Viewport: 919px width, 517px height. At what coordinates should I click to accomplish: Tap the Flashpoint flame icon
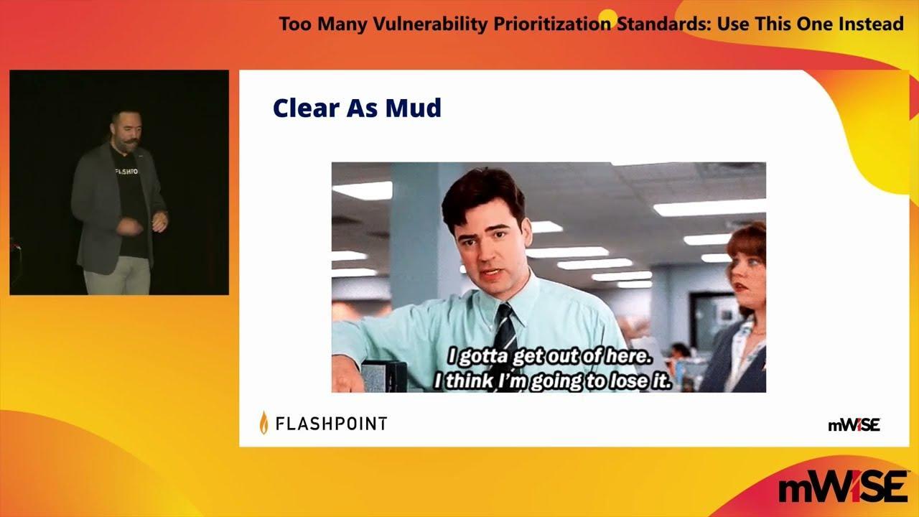tap(263, 422)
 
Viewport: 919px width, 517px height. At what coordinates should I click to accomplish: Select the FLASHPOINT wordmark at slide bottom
tap(332, 424)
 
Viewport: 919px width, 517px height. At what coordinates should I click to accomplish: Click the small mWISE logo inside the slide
tap(854, 425)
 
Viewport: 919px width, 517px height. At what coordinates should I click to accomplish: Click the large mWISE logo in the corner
tap(843, 487)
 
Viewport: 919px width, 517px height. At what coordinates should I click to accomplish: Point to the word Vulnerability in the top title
tap(429, 24)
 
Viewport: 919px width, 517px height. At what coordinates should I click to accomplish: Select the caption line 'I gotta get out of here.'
tap(549, 355)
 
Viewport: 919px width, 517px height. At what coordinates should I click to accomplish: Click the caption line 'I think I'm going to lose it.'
tap(552, 381)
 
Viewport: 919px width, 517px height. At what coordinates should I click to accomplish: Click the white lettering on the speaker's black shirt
tap(126, 172)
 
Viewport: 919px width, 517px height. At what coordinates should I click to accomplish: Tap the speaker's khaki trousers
tap(117, 275)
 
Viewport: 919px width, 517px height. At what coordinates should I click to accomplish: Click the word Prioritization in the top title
tap(552, 24)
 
